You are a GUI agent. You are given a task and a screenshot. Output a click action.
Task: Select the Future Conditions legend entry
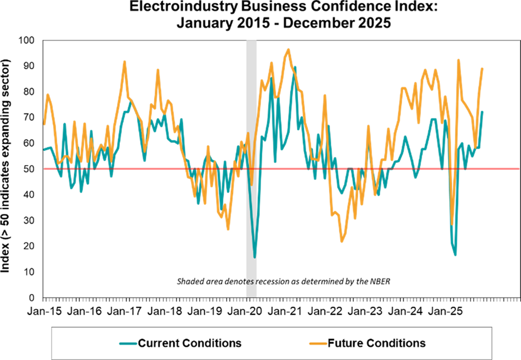[376, 343]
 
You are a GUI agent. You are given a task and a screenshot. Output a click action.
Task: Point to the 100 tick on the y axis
[26, 40]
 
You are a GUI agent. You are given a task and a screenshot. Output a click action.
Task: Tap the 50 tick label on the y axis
[28, 169]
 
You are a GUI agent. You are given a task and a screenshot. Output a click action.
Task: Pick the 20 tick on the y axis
[28, 246]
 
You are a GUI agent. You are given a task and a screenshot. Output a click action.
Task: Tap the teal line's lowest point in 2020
[255, 257]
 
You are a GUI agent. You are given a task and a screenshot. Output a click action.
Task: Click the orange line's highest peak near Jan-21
[288, 50]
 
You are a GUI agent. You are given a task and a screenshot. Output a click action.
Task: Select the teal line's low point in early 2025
[456, 254]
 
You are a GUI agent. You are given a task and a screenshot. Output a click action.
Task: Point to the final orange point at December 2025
[482, 69]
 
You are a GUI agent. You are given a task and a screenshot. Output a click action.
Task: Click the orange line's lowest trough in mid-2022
[342, 241]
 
